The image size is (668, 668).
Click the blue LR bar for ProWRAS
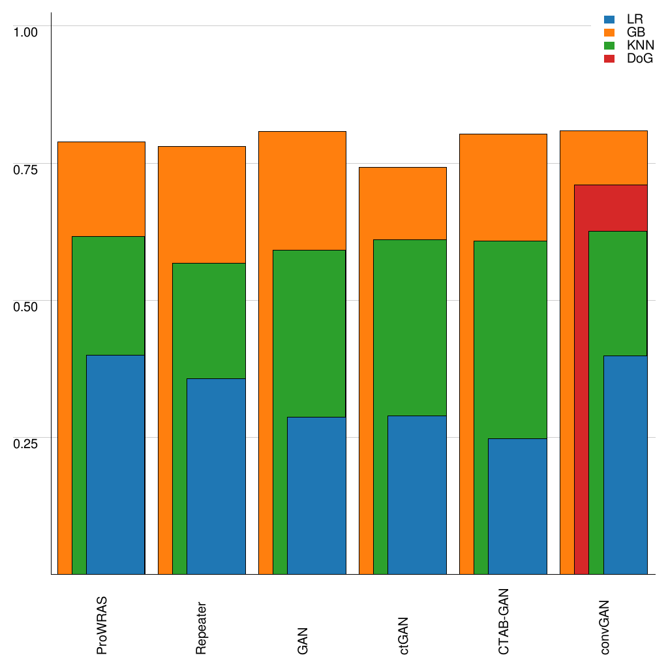(115, 464)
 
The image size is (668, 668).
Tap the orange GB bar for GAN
(302, 189)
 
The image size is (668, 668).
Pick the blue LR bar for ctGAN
(417, 494)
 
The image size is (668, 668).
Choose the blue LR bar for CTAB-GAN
(517, 506)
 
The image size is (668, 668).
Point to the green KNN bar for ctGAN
(410, 326)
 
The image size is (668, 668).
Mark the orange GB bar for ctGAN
(402, 202)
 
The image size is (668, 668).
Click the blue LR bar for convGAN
(625, 464)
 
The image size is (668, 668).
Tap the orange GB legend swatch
(610, 33)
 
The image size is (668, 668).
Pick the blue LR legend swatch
(610, 20)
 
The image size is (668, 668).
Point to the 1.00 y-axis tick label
(26, 32)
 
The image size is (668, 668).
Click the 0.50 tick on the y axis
(26, 306)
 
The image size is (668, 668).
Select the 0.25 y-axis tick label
(26, 443)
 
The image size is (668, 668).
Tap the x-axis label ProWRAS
(102, 625)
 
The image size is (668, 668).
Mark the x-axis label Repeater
(202, 626)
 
